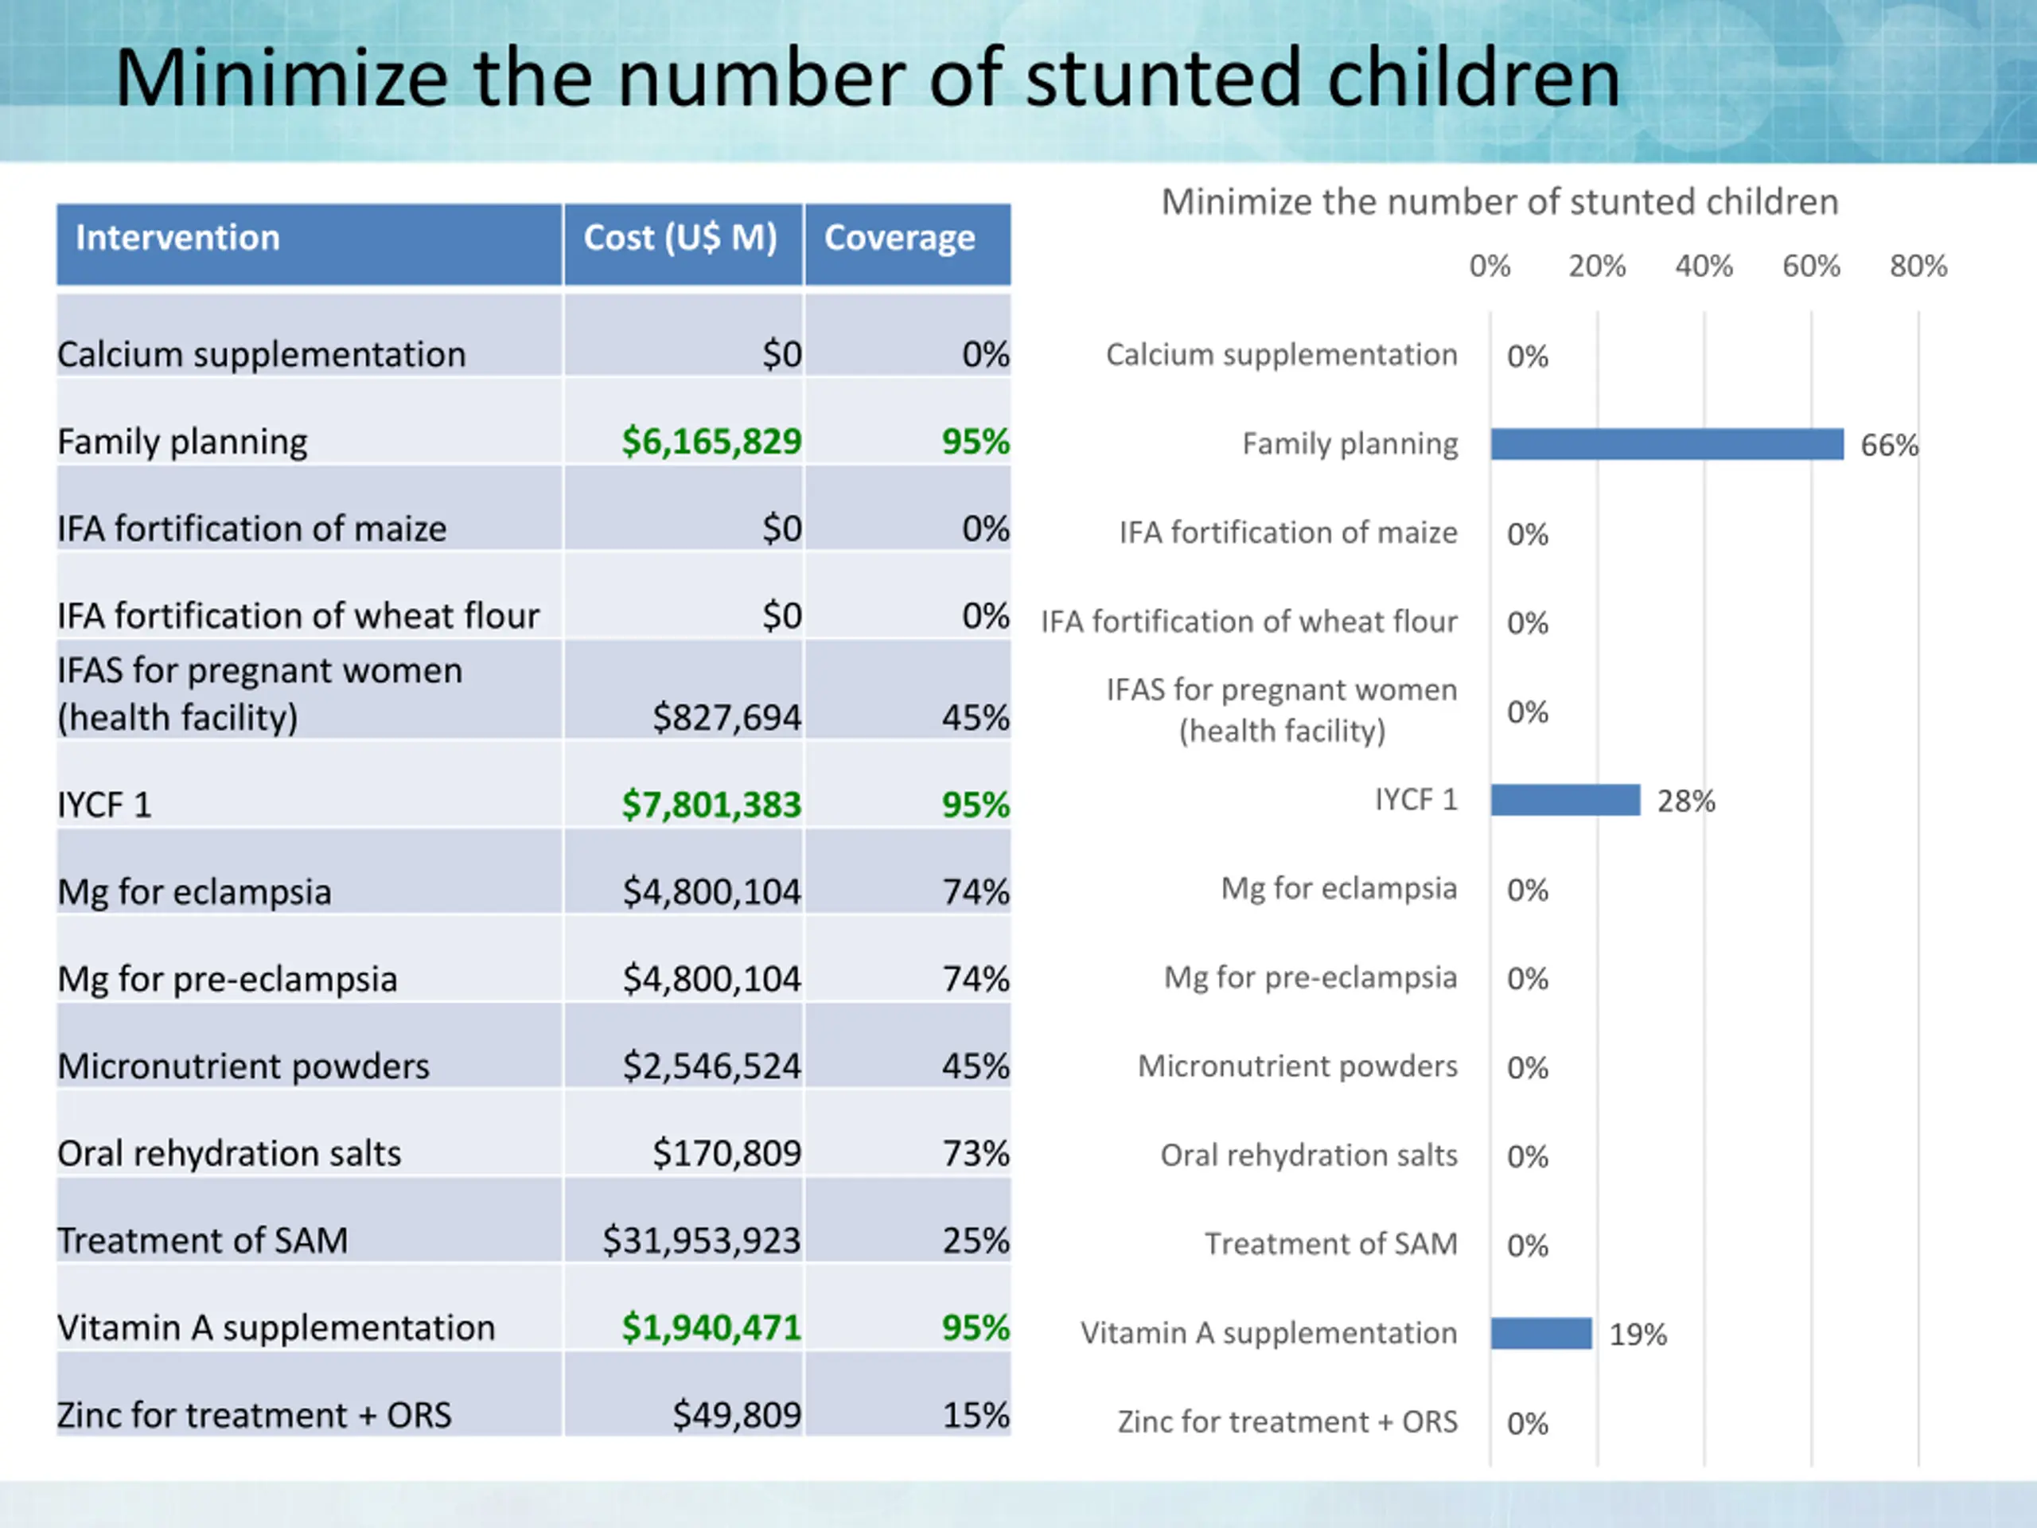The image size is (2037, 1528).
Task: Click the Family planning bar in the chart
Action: (1667, 444)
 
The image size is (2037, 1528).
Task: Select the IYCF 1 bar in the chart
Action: (1565, 800)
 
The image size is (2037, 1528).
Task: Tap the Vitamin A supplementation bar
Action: (1541, 1333)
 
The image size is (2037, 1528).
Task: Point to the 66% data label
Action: (1889, 446)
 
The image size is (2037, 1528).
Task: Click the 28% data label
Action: (1686, 801)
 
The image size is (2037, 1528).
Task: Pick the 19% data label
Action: (1638, 1335)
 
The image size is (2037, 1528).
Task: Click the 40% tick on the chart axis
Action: (1704, 266)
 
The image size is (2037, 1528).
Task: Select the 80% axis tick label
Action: (1918, 266)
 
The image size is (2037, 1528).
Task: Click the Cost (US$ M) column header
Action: (680, 239)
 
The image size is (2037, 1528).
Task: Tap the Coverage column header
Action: (900, 238)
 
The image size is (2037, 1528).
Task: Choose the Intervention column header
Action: (177, 238)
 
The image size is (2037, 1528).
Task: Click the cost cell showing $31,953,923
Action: (702, 1241)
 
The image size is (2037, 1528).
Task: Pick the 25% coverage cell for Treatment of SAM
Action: (976, 1241)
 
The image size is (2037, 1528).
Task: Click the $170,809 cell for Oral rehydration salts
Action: (727, 1153)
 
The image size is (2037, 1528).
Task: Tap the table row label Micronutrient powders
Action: (243, 1066)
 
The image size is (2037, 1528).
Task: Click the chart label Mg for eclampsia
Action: (1339, 888)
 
